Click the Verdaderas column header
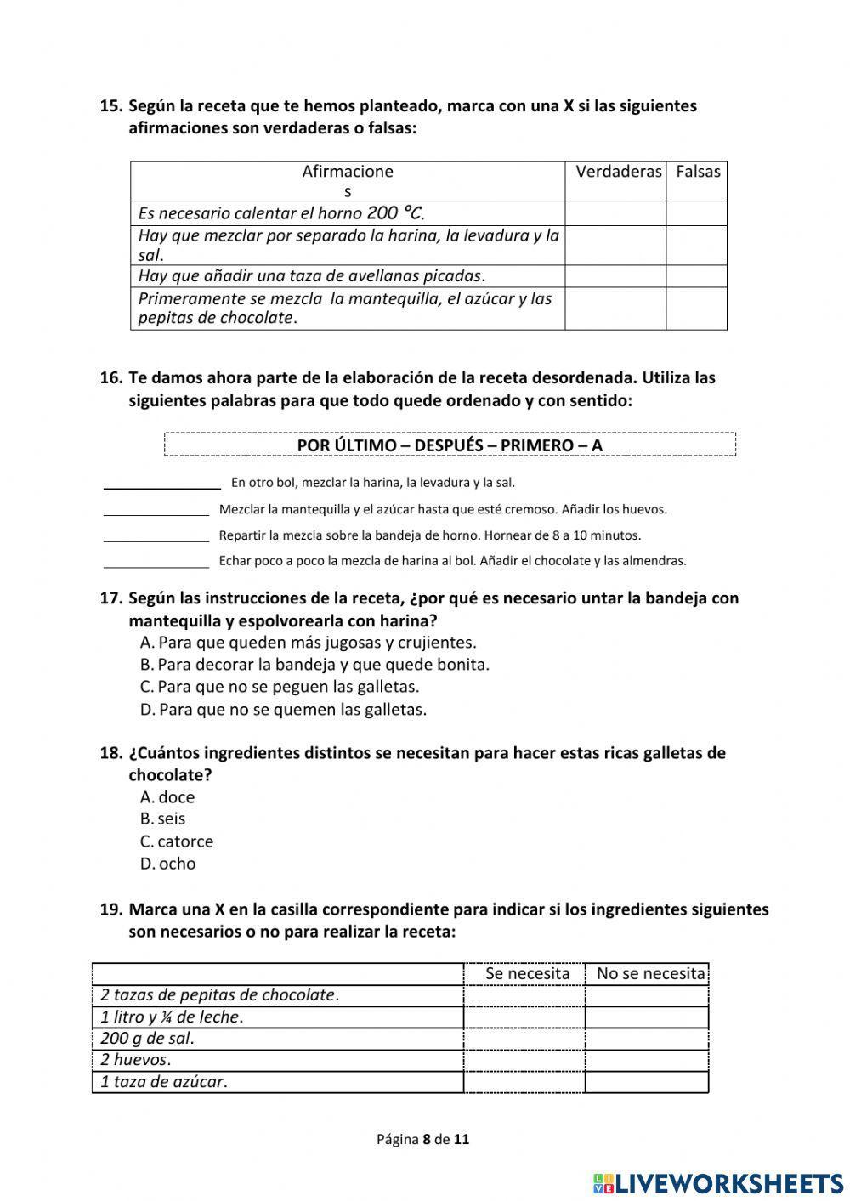(x=618, y=172)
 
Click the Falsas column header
(x=698, y=172)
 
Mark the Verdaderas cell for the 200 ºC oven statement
(x=615, y=213)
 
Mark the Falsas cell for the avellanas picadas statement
(x=696, y=276)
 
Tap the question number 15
(x=111, y=106)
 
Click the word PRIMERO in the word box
(x=536, y=445)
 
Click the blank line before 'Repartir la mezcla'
(x=156, y=537)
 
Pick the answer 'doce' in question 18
(x=176, y=797)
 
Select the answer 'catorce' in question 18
(x=184, y=841)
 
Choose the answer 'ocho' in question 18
(x=177, y=864)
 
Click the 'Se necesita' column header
(x=527, y=973)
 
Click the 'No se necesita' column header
(x=650, y=973)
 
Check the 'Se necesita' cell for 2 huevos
(x=524, y=1060)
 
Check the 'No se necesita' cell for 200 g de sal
(x=647, y=1039)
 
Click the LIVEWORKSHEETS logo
(x=717, y=1183)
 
